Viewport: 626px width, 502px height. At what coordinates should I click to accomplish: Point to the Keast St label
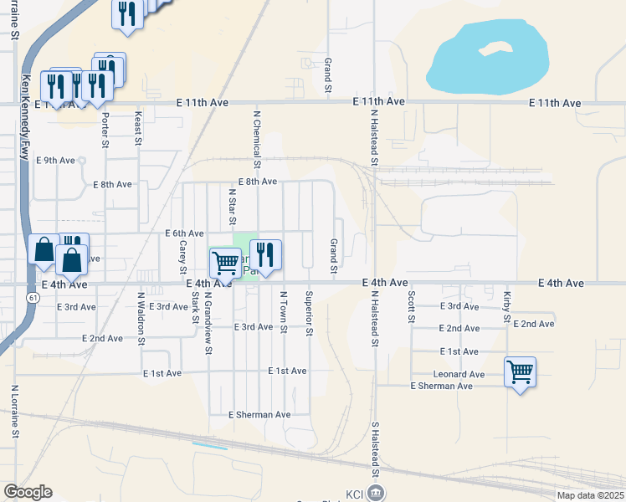137,131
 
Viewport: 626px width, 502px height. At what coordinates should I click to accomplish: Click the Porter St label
105,131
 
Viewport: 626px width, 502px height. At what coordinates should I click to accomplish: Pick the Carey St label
182,257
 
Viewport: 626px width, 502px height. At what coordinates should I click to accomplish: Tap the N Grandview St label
207,315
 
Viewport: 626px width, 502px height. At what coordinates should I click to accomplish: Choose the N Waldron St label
141,318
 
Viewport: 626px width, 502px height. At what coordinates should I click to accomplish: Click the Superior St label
309,315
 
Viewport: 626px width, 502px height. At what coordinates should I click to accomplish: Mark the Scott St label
412,307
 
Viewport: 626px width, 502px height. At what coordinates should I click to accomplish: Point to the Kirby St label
507,306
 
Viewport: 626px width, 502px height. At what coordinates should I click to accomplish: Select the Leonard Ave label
459,374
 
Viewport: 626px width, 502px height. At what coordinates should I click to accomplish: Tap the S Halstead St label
376,447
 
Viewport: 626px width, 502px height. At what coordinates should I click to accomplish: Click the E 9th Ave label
60,161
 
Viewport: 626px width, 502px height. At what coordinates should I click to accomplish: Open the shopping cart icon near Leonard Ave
520,371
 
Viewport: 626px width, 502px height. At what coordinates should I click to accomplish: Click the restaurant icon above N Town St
265,254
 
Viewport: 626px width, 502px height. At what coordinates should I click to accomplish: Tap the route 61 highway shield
33,297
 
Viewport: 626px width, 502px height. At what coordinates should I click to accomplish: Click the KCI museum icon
377,492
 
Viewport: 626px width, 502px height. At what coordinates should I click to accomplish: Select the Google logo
28,492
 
